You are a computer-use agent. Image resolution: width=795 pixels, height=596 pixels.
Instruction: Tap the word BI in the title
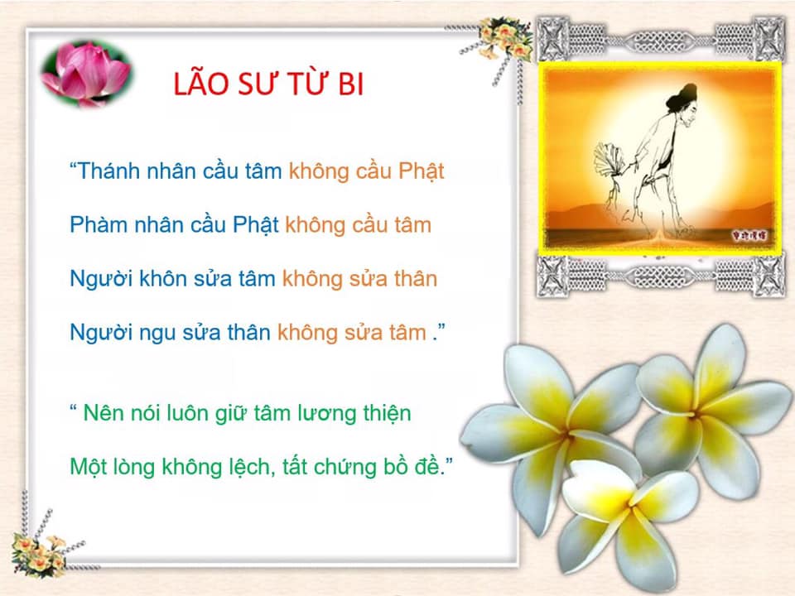pyautogui.click(x=351, y=84)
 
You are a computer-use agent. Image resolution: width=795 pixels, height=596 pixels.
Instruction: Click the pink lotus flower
pyautogui.click(x=86, y=74)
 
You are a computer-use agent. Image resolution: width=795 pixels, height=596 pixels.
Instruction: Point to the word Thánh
pyautogui.click(x=108, y=171)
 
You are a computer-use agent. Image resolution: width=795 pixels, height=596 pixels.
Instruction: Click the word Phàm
pyautogui.click(x=99, y=224)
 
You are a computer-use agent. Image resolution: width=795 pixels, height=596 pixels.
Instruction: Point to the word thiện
pyautogui.click(x=387, y=414)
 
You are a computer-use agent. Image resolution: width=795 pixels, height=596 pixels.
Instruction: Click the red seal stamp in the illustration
pyautogui.click(x=749, y=235)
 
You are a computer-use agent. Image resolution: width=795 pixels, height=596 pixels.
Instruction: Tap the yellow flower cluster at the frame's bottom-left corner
pyautogui.click(x=39, y=555)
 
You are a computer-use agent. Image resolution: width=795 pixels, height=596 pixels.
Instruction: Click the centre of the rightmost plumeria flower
pyautogui.click(x=697, y=415)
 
